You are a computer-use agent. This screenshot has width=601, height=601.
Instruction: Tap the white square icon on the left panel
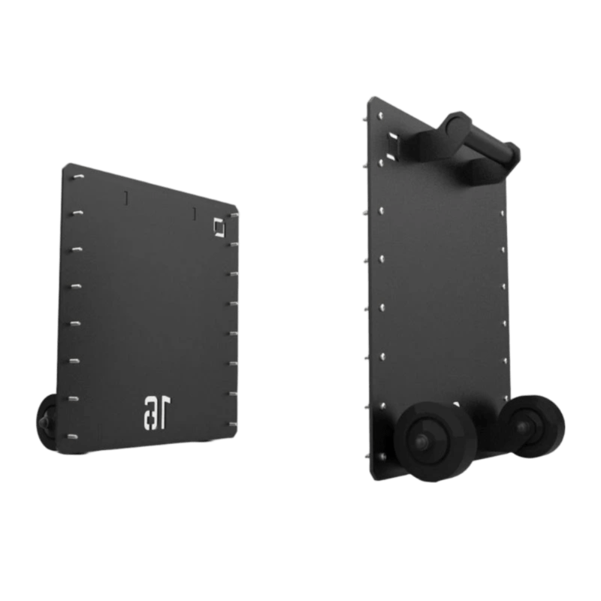(219, 226)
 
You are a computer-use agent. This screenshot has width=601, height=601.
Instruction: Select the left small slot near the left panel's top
(126, 198)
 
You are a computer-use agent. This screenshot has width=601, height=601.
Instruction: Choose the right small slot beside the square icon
(194, 215)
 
